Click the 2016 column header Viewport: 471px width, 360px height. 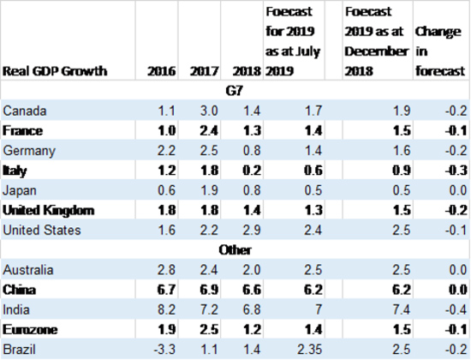coord(162,71)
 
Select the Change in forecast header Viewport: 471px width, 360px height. coord(440,51)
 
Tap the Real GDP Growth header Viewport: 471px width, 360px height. coord(55,71)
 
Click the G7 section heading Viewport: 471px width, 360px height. coord(235,91)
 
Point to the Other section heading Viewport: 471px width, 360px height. coord(235,250)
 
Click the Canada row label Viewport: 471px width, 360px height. coord(25,111)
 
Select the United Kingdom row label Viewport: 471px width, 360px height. coord(48,210)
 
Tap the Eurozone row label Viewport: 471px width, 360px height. coord(30,330)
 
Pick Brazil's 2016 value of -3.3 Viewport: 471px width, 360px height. coord(164,350)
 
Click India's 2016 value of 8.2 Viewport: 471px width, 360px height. coord(166,309)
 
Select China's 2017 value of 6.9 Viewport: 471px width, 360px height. coord(209,290)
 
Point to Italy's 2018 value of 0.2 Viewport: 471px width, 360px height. coord(252,171)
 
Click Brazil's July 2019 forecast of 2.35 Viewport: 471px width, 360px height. coord(310,350)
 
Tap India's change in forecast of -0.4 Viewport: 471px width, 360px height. coord(456,309)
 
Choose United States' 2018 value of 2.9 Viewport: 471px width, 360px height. coord(252,230)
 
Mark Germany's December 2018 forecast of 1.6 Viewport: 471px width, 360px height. coord(402,150)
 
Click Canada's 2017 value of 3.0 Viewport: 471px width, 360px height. coord(209,111)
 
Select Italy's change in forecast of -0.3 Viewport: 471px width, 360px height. coord(456,171)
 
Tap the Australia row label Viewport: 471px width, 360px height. coord(28,270)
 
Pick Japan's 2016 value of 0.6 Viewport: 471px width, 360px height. coord(166,190)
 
